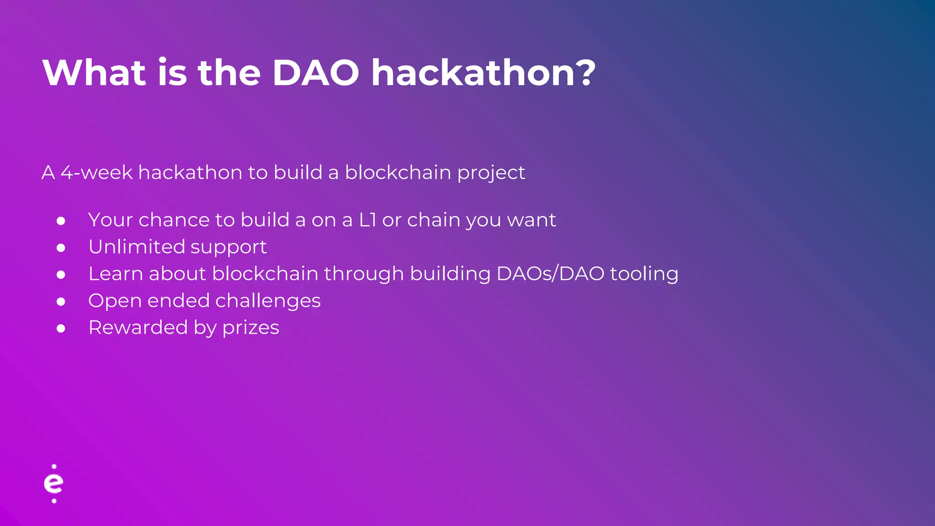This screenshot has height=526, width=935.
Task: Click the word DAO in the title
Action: click(x=315, y=73)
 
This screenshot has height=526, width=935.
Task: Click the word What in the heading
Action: click(x=94, y=73)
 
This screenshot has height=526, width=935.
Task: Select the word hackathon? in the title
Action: click(x=483, y=73)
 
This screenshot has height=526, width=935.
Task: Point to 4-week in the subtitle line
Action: click(x=96, y=173)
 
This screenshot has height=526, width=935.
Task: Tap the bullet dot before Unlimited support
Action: click(x=61, y=248)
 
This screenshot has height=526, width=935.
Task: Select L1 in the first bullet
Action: click(x=368, y=220)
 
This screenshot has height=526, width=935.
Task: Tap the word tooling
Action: click(x=644, y=274)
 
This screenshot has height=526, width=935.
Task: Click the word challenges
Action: click(x=268, y=301)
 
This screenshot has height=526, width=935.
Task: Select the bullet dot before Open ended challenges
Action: click(x=61, y=302)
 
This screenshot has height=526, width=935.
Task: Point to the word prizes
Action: click(x=251, y=328)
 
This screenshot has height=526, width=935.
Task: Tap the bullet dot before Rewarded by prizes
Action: click(x=61, y=329)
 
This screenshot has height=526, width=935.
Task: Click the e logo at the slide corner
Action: click(x=54, y=484)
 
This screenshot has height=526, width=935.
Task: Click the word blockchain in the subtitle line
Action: click(x=398, y=173)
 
